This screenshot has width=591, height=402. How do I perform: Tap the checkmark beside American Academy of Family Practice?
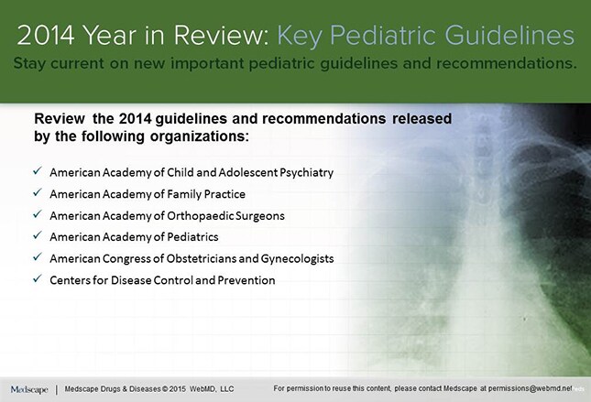[x=37, y=194]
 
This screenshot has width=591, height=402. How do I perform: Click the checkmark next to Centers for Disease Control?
[x=37, y=279]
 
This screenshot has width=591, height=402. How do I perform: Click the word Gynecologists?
[x=292, y=258]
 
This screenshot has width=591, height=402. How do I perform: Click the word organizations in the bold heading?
[x=200, y=136]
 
